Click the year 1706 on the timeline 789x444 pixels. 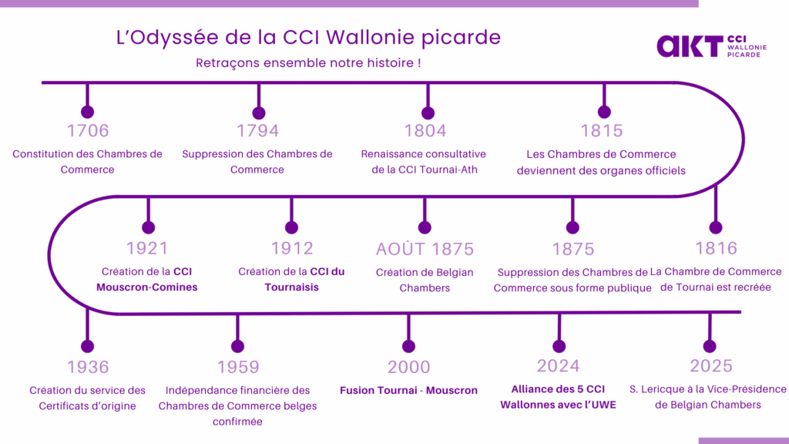[88, 130]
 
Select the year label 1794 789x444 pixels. [258, 130]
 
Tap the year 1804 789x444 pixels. [425, 130]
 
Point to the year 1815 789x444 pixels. [603, 130]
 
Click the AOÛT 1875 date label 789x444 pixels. [425, 249]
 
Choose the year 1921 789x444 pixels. [147, 248]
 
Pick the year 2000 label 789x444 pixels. [409, 367]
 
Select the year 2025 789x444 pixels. [711, 365]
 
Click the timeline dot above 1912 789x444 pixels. [291, 227]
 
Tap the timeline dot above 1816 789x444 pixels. [716, 227]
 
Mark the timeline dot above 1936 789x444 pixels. [88, 346]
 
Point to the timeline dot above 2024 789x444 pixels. [559, 345]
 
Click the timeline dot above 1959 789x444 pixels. [237, 346]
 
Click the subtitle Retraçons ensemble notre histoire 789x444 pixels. [308, 62]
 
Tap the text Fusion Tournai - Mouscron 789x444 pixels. [408, 390]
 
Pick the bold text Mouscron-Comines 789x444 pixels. [147, 288]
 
